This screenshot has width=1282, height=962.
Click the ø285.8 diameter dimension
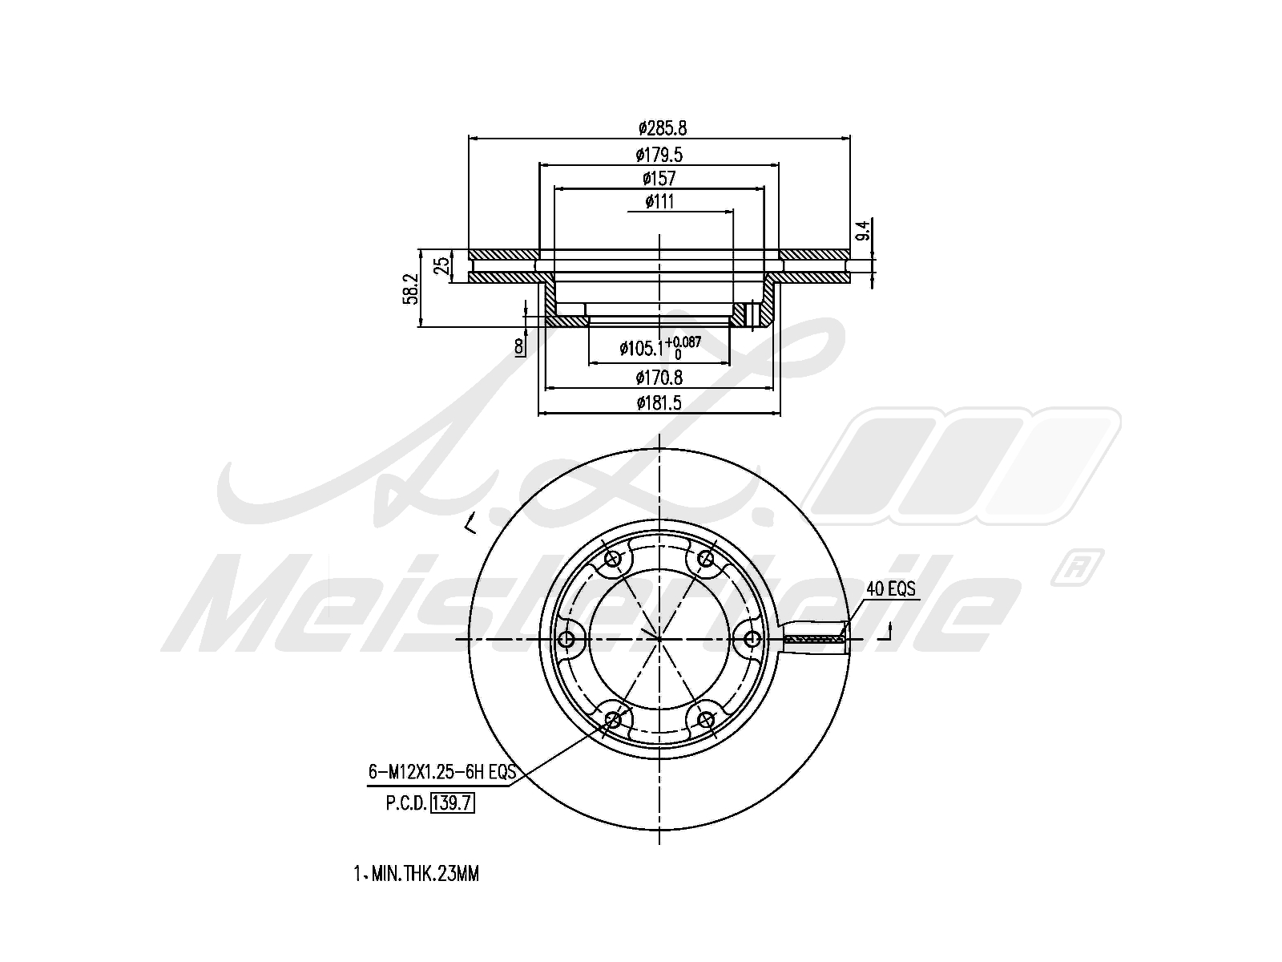click(663, 127)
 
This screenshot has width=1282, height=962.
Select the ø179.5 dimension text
click(659, 155)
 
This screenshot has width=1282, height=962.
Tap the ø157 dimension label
click(659, 178)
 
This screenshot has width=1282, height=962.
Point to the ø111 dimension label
click(659, 202)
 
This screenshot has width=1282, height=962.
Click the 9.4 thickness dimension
click(864, 229)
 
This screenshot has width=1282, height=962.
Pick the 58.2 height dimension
click(411, 289)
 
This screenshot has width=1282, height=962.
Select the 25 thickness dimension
click(443, 265)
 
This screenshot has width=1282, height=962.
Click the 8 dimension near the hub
click(518, 347)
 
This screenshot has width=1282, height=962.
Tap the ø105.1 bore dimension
click(660, 348)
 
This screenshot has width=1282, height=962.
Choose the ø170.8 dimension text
click(659, 378)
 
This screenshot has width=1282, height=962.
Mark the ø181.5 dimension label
click(659, 403)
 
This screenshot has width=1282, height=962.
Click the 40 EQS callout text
click(890, 588)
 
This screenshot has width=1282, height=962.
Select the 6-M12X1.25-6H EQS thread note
click(442, 772)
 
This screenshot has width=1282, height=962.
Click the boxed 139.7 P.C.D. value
click(452, 803)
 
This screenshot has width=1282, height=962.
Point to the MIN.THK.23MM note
click(425, 874)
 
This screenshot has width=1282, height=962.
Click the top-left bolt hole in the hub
click(613, 559)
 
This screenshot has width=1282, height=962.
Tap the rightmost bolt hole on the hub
click(753, 640)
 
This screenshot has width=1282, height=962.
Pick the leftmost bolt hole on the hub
click(566, 640)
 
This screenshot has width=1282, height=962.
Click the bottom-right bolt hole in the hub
click(706, 720)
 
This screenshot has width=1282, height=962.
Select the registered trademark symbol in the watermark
click(1076, 567)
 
